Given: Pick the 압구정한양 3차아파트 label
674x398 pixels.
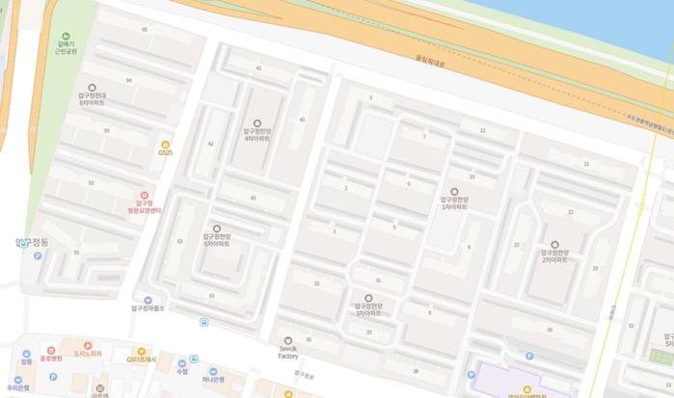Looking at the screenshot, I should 367,309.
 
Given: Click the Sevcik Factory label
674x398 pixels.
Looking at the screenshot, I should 287,351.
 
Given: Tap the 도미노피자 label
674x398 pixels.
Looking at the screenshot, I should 88,354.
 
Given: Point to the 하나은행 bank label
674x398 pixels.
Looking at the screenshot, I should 213,380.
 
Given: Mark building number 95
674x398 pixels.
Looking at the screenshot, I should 145,30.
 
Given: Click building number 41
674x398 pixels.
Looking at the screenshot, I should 258,68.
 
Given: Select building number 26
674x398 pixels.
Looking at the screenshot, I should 551,330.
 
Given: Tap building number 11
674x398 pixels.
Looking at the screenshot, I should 483,129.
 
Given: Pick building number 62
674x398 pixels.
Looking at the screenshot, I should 179,241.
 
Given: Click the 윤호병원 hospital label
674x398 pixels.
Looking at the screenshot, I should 50,358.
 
